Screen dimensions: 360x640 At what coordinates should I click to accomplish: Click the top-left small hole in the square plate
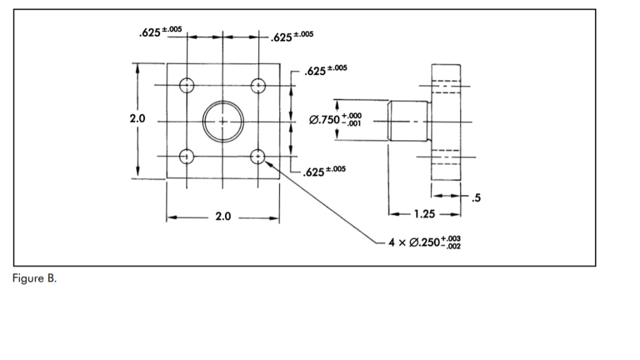coord(187,85)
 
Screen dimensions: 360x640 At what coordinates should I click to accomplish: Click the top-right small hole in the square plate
coord(258,85)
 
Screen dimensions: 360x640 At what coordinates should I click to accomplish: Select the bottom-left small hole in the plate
coord(187,156)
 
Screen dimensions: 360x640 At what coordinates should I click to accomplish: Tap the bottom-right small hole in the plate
coord(258,156)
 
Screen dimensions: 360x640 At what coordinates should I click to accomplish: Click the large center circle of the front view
coord(222,121)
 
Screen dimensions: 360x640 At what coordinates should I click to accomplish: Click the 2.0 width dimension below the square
coord(223,217)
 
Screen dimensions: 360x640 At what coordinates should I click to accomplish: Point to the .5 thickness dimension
coord(476,199)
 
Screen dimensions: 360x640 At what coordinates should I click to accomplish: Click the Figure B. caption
coord(34,279)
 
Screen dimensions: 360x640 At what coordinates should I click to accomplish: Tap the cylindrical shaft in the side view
coord(407,121)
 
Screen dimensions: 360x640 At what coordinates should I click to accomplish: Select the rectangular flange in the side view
coord(446,122)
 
